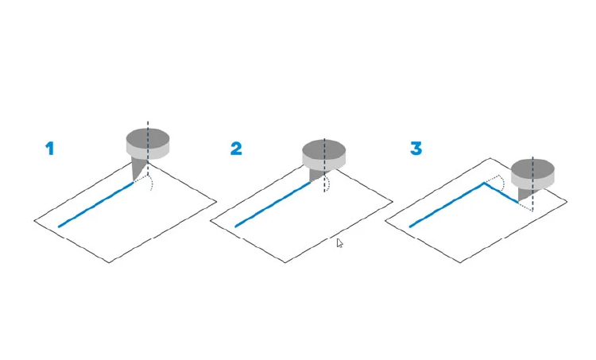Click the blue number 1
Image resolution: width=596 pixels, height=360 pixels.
50,149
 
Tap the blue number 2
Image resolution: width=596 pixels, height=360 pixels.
236,149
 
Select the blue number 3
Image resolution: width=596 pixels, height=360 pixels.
416,149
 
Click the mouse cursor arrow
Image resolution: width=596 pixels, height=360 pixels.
339,243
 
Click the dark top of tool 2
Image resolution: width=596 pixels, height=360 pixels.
324,149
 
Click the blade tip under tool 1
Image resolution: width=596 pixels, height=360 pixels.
134,183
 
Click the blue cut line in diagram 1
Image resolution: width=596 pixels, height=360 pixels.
96,204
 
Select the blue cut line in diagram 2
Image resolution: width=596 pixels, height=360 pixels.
273,204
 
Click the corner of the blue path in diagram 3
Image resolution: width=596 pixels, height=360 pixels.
484,184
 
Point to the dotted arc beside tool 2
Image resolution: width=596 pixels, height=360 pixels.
328,183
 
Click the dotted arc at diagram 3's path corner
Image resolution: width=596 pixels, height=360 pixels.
502,183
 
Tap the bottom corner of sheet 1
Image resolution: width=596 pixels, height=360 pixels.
109,262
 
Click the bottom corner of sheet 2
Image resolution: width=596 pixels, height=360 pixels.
285,262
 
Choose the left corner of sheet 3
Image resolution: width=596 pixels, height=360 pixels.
385,220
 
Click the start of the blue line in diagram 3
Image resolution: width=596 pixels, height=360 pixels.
410,227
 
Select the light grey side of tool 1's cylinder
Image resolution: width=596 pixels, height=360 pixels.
148,153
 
